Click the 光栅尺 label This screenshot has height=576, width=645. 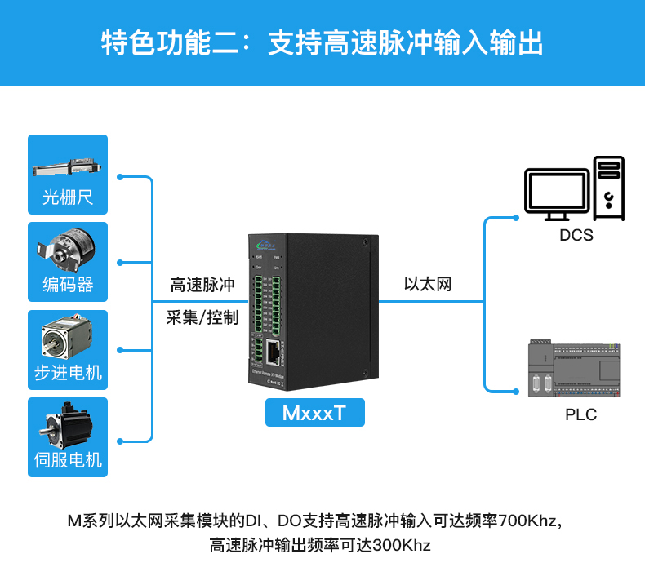pos(68,197)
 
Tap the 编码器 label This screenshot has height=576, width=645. pos(68,285)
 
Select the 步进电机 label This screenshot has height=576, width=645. pos(68,373)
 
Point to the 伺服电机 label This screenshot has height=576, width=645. pos(68,460)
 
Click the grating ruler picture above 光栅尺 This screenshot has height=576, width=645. pos(68,166)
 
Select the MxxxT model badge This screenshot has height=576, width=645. pos(314,413)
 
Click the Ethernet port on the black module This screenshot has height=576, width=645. pos(272,352)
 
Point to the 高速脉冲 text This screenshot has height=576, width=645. pos(202,286)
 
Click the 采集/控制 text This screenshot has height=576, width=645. pos(202,318)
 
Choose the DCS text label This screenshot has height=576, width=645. pos(576,236)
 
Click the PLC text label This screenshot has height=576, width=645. pos(580,414)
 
